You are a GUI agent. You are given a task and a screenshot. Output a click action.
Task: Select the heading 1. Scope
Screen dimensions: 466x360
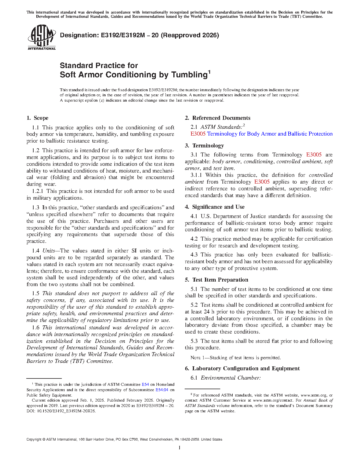tap(38, 118)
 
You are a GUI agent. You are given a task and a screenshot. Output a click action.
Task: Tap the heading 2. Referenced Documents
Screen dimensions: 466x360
tap(218, 118)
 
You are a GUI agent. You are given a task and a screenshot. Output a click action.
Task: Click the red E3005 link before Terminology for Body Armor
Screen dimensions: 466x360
tap(198, 134)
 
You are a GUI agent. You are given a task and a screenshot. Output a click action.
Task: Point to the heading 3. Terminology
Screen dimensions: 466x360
tap(204, 146)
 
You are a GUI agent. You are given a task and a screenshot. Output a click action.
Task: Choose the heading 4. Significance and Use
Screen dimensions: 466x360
tap(215, 207)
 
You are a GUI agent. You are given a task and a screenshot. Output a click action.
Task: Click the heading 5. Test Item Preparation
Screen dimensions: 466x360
tap(217, 280)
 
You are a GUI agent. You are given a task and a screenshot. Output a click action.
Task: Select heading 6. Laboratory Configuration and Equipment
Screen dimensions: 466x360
tap(242, 369)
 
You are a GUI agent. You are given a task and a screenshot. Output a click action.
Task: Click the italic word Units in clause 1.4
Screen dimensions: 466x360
tap(49, 251)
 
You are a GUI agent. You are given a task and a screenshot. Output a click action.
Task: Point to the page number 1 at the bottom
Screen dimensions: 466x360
tap(180, 448)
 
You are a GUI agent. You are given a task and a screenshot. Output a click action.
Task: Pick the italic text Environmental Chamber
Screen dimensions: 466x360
tap(231, 378)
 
